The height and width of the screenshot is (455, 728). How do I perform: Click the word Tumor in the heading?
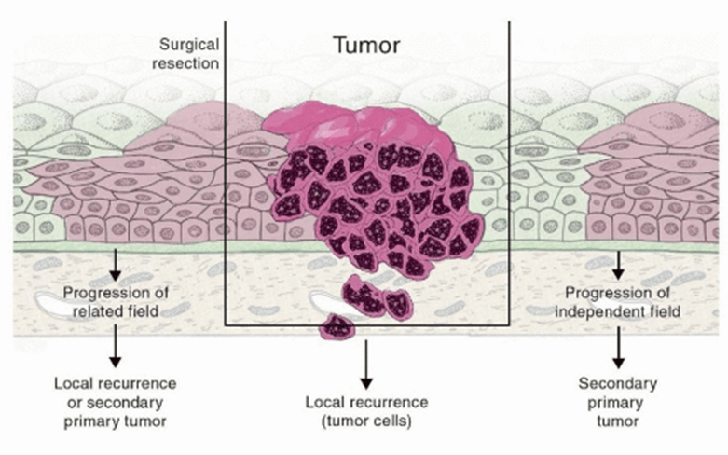pos(366,44)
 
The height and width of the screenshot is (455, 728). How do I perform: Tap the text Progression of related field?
pos(115,302)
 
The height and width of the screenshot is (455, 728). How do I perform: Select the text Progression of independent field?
pos(618,302)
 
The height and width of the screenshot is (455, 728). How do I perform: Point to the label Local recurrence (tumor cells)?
pos(366,411)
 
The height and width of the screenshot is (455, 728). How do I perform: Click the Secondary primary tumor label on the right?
pos(618,401)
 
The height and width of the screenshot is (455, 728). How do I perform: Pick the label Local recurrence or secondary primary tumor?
pos(115,401)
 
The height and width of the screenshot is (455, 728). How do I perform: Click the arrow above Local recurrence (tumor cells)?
pos(366,365)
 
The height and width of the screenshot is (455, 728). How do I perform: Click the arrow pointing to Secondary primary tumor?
pos(618,350)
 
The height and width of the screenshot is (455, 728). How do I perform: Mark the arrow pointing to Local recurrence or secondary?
pos(115,350)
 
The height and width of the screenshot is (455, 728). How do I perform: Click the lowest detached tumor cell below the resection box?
pos(337,326)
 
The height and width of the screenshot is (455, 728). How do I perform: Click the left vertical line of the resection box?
pos(225,186)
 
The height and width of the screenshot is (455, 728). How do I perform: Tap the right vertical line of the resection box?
pos(509,186)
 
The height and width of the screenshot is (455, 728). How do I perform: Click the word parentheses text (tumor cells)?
pos(366,421)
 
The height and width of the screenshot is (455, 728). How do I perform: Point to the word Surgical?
pos(188,45)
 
